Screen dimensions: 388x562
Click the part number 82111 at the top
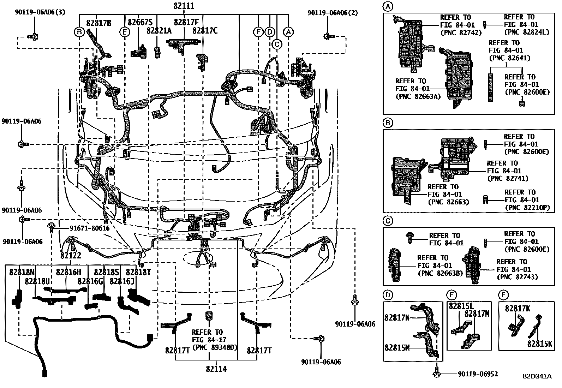(184, 6)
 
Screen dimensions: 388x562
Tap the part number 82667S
(140, 22)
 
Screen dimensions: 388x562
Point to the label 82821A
(159, 31)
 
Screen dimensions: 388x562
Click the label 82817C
(205, 31)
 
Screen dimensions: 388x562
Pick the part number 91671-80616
(89, 228)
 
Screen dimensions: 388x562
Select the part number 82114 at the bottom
(216, 369)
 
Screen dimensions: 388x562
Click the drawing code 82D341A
(537, 376)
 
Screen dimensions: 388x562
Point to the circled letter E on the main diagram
(124, 32)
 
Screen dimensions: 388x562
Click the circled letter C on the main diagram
(277, 44)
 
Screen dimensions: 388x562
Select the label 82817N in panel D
(397, 318)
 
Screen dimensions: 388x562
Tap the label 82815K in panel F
(540, 343)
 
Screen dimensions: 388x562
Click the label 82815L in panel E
(461, 306)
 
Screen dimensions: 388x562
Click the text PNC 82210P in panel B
(527, 208)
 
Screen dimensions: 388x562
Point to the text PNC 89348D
(214, 347)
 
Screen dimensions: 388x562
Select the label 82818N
(22, 272)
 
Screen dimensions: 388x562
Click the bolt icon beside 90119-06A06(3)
(35, 36)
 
